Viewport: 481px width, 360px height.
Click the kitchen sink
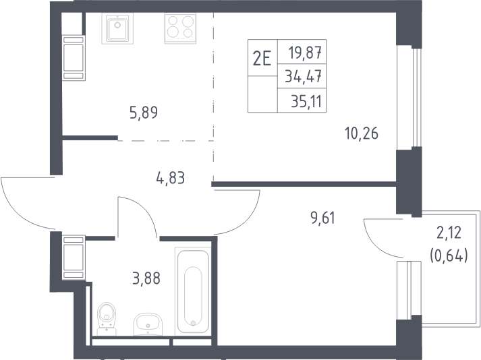click(x=117, y=28)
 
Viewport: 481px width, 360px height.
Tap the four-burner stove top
click(x=180, y=28)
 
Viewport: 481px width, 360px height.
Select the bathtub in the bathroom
click(x=193, y=291)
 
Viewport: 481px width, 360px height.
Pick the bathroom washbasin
click(x=148, y=324)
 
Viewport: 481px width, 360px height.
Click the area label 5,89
click(x=144, y=113)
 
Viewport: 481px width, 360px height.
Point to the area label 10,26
click(x=362, y=133)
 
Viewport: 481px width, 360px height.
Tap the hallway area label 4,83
click(x=170, y=178)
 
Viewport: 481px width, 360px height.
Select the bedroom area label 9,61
click(x=322, y=218)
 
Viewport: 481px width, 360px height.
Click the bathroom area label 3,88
click(x=146, y=278)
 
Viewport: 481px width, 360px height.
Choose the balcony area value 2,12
click(x=449, y=233)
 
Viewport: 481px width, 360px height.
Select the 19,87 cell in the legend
click(x=305, y=52)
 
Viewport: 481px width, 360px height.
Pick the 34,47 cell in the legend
click(x=303, y=76)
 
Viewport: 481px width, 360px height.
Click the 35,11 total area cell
click(x=306, y=101)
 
